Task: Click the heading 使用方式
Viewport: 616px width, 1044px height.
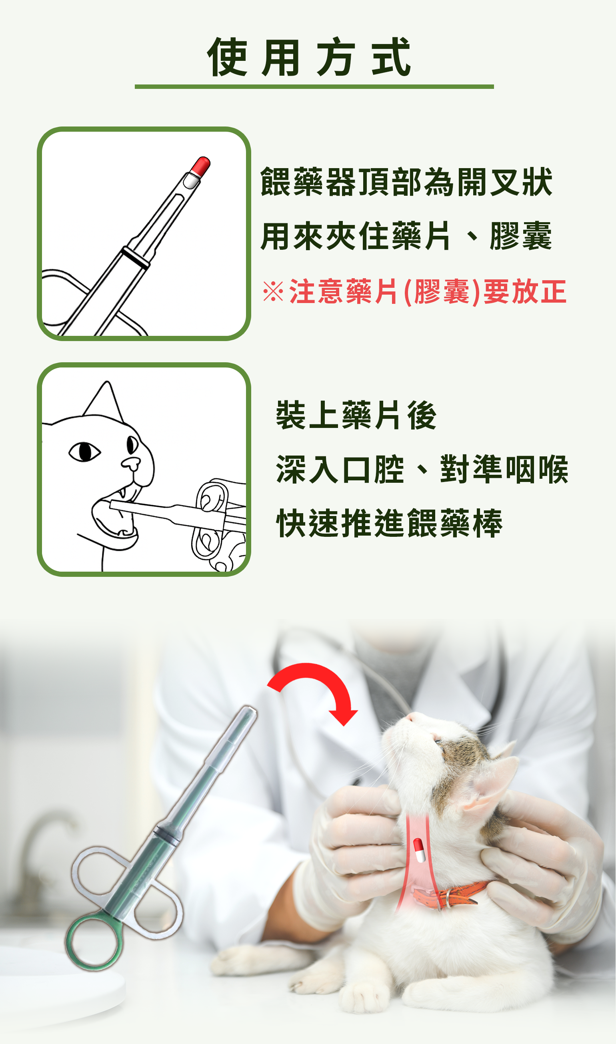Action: (309, 57)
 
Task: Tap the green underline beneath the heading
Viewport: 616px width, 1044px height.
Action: (314, 86)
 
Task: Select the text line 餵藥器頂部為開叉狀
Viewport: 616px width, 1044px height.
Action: (406, 182)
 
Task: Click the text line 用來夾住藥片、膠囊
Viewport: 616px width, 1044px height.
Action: (406, 236)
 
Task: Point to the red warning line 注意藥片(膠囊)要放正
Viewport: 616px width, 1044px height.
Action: (428, 291)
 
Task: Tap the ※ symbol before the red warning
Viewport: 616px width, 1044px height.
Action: (273, 291)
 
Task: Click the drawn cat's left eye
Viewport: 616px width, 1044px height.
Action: (85, 452)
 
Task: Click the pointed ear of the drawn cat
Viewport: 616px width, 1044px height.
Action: (105, 400)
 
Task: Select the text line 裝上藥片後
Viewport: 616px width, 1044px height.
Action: (356, 415)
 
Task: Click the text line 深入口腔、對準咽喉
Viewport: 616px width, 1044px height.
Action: (422, 469)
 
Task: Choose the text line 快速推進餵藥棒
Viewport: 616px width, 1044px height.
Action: (389, 523)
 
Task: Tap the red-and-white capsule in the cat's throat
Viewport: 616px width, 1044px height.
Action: (419, 850)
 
